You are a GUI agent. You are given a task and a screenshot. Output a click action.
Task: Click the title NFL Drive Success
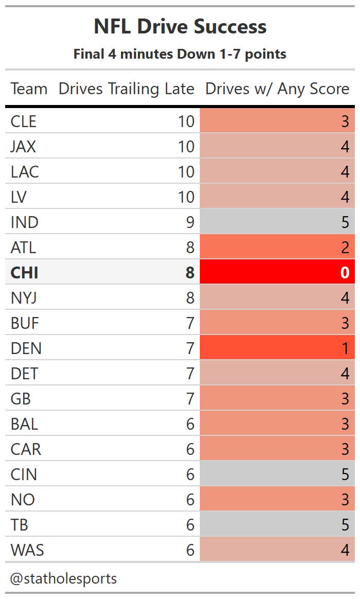[x=180, y=27]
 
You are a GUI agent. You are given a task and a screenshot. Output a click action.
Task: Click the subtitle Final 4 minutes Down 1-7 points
[x=180, y=54]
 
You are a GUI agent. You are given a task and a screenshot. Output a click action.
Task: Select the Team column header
[x=29, y=89]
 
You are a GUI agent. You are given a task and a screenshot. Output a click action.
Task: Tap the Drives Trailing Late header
[x=126, y=89]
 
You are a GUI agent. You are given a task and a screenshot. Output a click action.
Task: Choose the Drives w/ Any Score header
[x=277, y=89]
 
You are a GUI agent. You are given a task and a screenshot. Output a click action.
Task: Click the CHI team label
[x=24, y=272]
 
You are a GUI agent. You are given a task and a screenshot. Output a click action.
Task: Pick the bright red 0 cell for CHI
[x=277, y=272]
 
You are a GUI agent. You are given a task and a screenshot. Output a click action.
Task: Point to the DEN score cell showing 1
[x=277, y=348]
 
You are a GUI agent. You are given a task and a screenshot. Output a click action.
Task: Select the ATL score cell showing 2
[x=277, y=247]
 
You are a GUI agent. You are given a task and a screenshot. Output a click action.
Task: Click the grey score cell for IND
[x=277, y=222]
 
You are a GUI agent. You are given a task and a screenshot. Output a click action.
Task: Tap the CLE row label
[x=23, y=121]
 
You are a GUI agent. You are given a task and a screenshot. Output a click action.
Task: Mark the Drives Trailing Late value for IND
[x=190, y=222]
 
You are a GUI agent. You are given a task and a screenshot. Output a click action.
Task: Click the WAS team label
[x=27, y=550]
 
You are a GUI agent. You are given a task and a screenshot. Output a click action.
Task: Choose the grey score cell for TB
[x=277, y=524]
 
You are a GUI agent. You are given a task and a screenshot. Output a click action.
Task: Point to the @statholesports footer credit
[x=63, y=578]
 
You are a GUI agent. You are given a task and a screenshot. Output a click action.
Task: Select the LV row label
[x=19, y=197]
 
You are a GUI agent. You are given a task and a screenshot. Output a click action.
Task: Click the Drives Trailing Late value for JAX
[x=186, y=146]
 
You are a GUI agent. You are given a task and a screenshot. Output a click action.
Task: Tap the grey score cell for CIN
[x=277, y=474]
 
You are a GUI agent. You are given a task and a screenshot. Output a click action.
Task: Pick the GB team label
[x=21, y=398]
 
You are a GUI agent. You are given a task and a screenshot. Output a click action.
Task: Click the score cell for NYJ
[x=277, y=297]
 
